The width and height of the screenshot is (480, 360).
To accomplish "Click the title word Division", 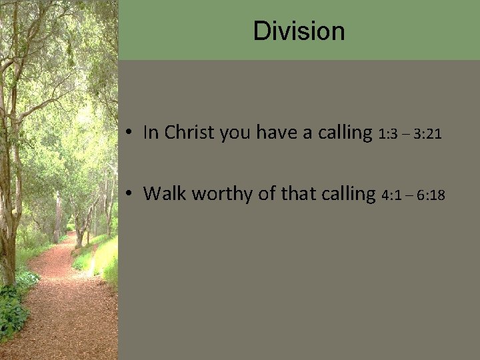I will click(x=299, y=31).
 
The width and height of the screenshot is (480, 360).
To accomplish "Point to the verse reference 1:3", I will click(x=389, y=135).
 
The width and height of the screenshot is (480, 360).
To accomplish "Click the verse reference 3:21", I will click(x=427, y=135).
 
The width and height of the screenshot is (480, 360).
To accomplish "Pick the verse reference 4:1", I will click(x=393, y=195).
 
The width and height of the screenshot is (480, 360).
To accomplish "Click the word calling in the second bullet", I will click(x=347, y=194).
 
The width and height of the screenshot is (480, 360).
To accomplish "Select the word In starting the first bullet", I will click(x=151, y=133).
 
